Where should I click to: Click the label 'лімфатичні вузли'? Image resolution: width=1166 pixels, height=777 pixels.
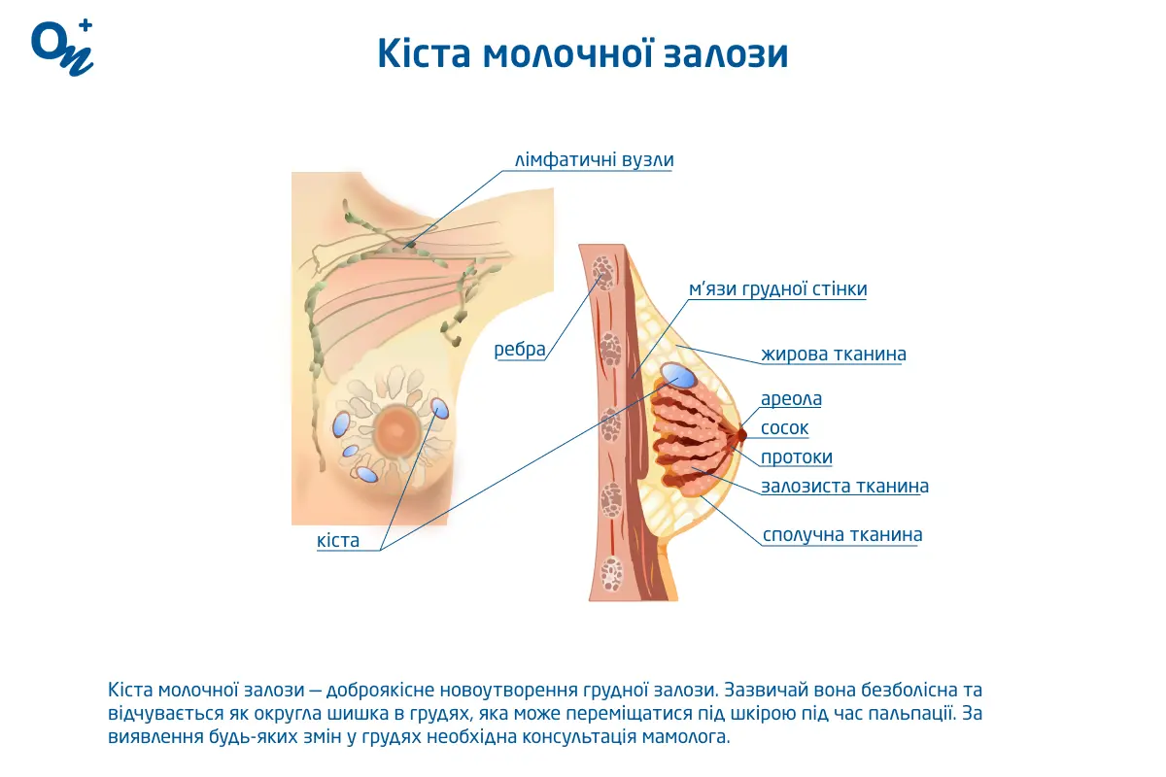click(x=594, y=160)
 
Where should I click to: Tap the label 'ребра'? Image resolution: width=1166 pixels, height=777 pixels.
click(x=520, y=350)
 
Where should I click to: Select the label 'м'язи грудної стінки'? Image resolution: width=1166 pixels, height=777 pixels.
click(x=777, y=289)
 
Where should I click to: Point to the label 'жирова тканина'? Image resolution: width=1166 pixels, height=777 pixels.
click(x=834, y=355)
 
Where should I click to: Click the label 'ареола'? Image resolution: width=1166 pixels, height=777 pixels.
click(x=791, y=399)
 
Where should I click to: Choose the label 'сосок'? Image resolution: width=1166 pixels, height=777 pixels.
click(x=784, y=428)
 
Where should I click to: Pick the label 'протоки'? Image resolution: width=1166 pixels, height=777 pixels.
click(x=796, y=457)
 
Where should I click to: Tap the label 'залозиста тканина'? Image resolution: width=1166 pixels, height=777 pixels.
click(x=844, y=487)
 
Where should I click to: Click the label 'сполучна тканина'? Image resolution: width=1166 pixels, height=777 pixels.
click(x=842, y=535)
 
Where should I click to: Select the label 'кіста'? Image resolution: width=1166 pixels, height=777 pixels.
click(x=338, y=541)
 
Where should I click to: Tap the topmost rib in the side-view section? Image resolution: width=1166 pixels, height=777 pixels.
click(x=604, y=272)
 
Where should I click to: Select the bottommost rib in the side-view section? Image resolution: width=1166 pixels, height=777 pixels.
click(x=611, y=573)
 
